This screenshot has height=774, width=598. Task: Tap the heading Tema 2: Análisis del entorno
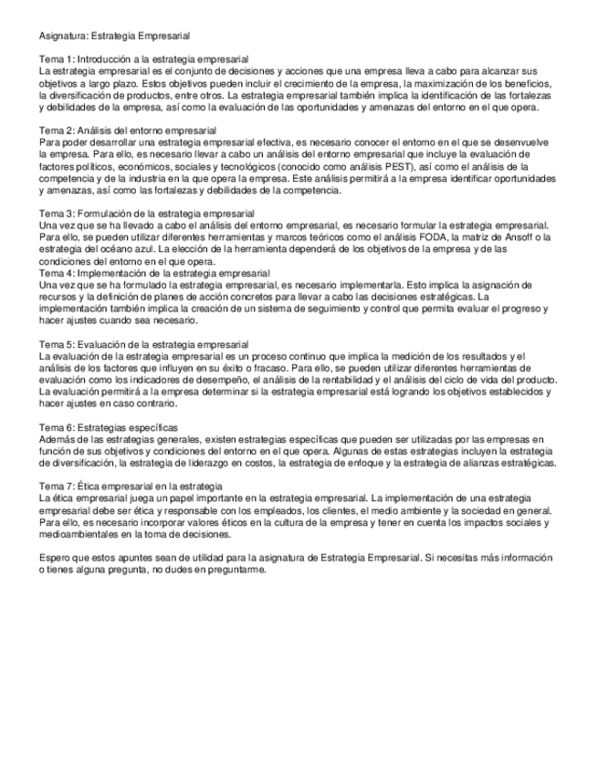[x=127, y=131]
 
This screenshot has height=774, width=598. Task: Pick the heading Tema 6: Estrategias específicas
[x=108, y=427]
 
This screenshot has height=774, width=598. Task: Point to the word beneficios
[x=527, y=83]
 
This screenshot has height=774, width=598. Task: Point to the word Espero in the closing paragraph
[x=55, y=557]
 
